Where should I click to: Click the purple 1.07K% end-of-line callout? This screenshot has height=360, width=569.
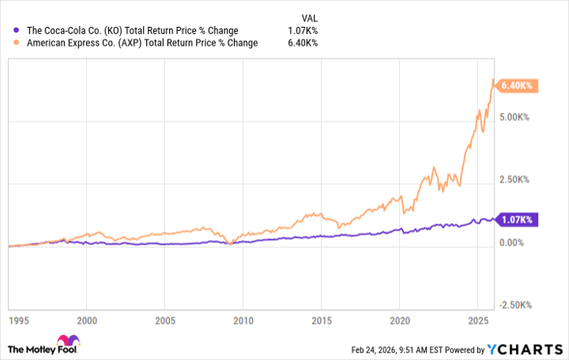[515, 220]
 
